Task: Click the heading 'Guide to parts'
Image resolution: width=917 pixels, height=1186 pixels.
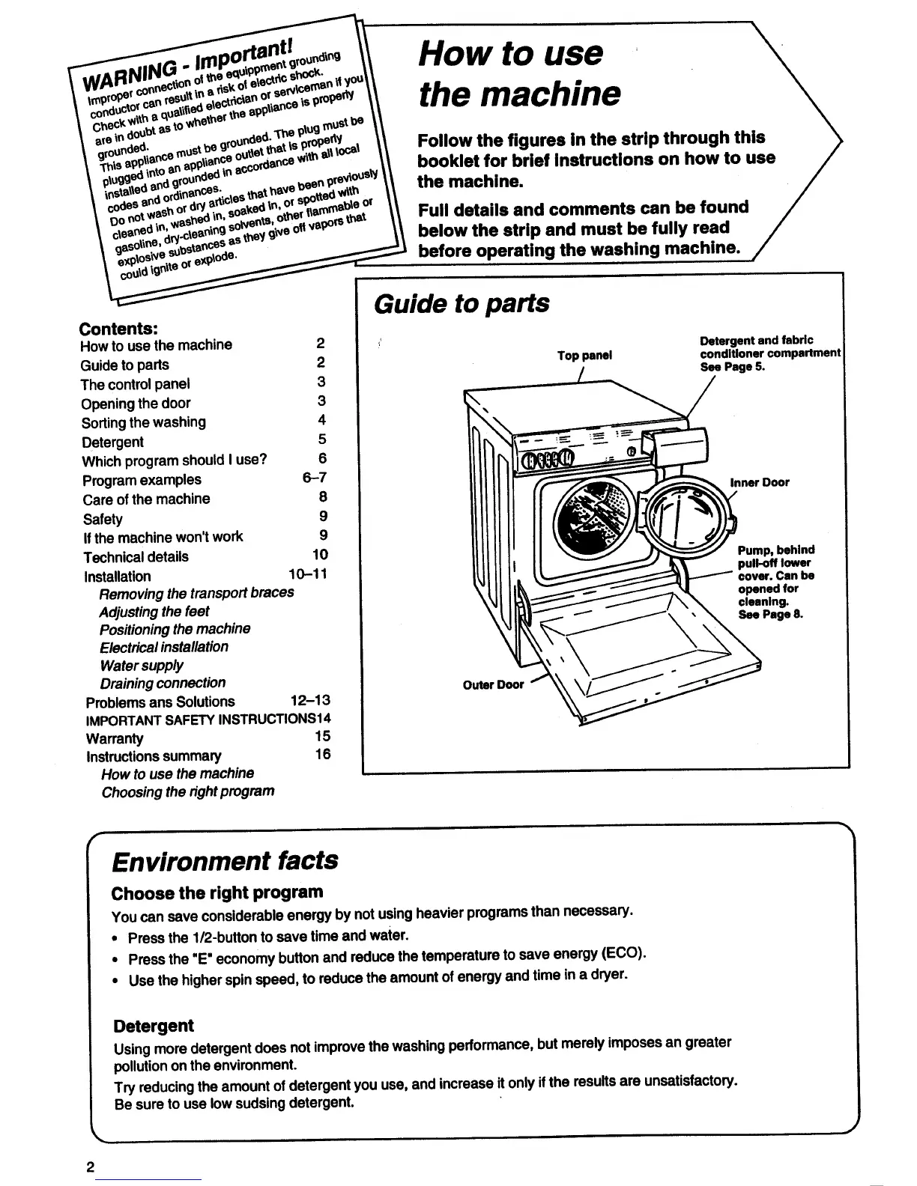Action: [x=461, y=304]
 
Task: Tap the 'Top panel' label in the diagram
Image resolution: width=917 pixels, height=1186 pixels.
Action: [x=584, y=356]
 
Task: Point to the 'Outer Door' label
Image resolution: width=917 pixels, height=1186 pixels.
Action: [x=493, y=684]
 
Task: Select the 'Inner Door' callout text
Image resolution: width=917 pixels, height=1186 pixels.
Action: [x=759, y=482]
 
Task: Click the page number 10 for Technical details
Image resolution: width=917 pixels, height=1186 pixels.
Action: [x=320, y=555]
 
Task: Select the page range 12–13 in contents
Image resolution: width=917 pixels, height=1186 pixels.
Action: [x=309, y=701]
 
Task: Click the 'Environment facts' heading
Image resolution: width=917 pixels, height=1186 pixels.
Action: [x=225, y=860]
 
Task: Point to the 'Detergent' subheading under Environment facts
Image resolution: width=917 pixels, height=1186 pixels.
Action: [x=153, y=1026]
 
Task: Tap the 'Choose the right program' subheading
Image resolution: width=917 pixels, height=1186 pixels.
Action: [x=217, y=892]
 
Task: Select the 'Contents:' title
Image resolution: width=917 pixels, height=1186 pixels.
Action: [x=118, y=329]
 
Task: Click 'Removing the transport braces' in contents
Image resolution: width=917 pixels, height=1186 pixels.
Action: [x=196, y=592]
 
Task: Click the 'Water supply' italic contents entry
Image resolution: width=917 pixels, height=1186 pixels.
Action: [x=142, y=665]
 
